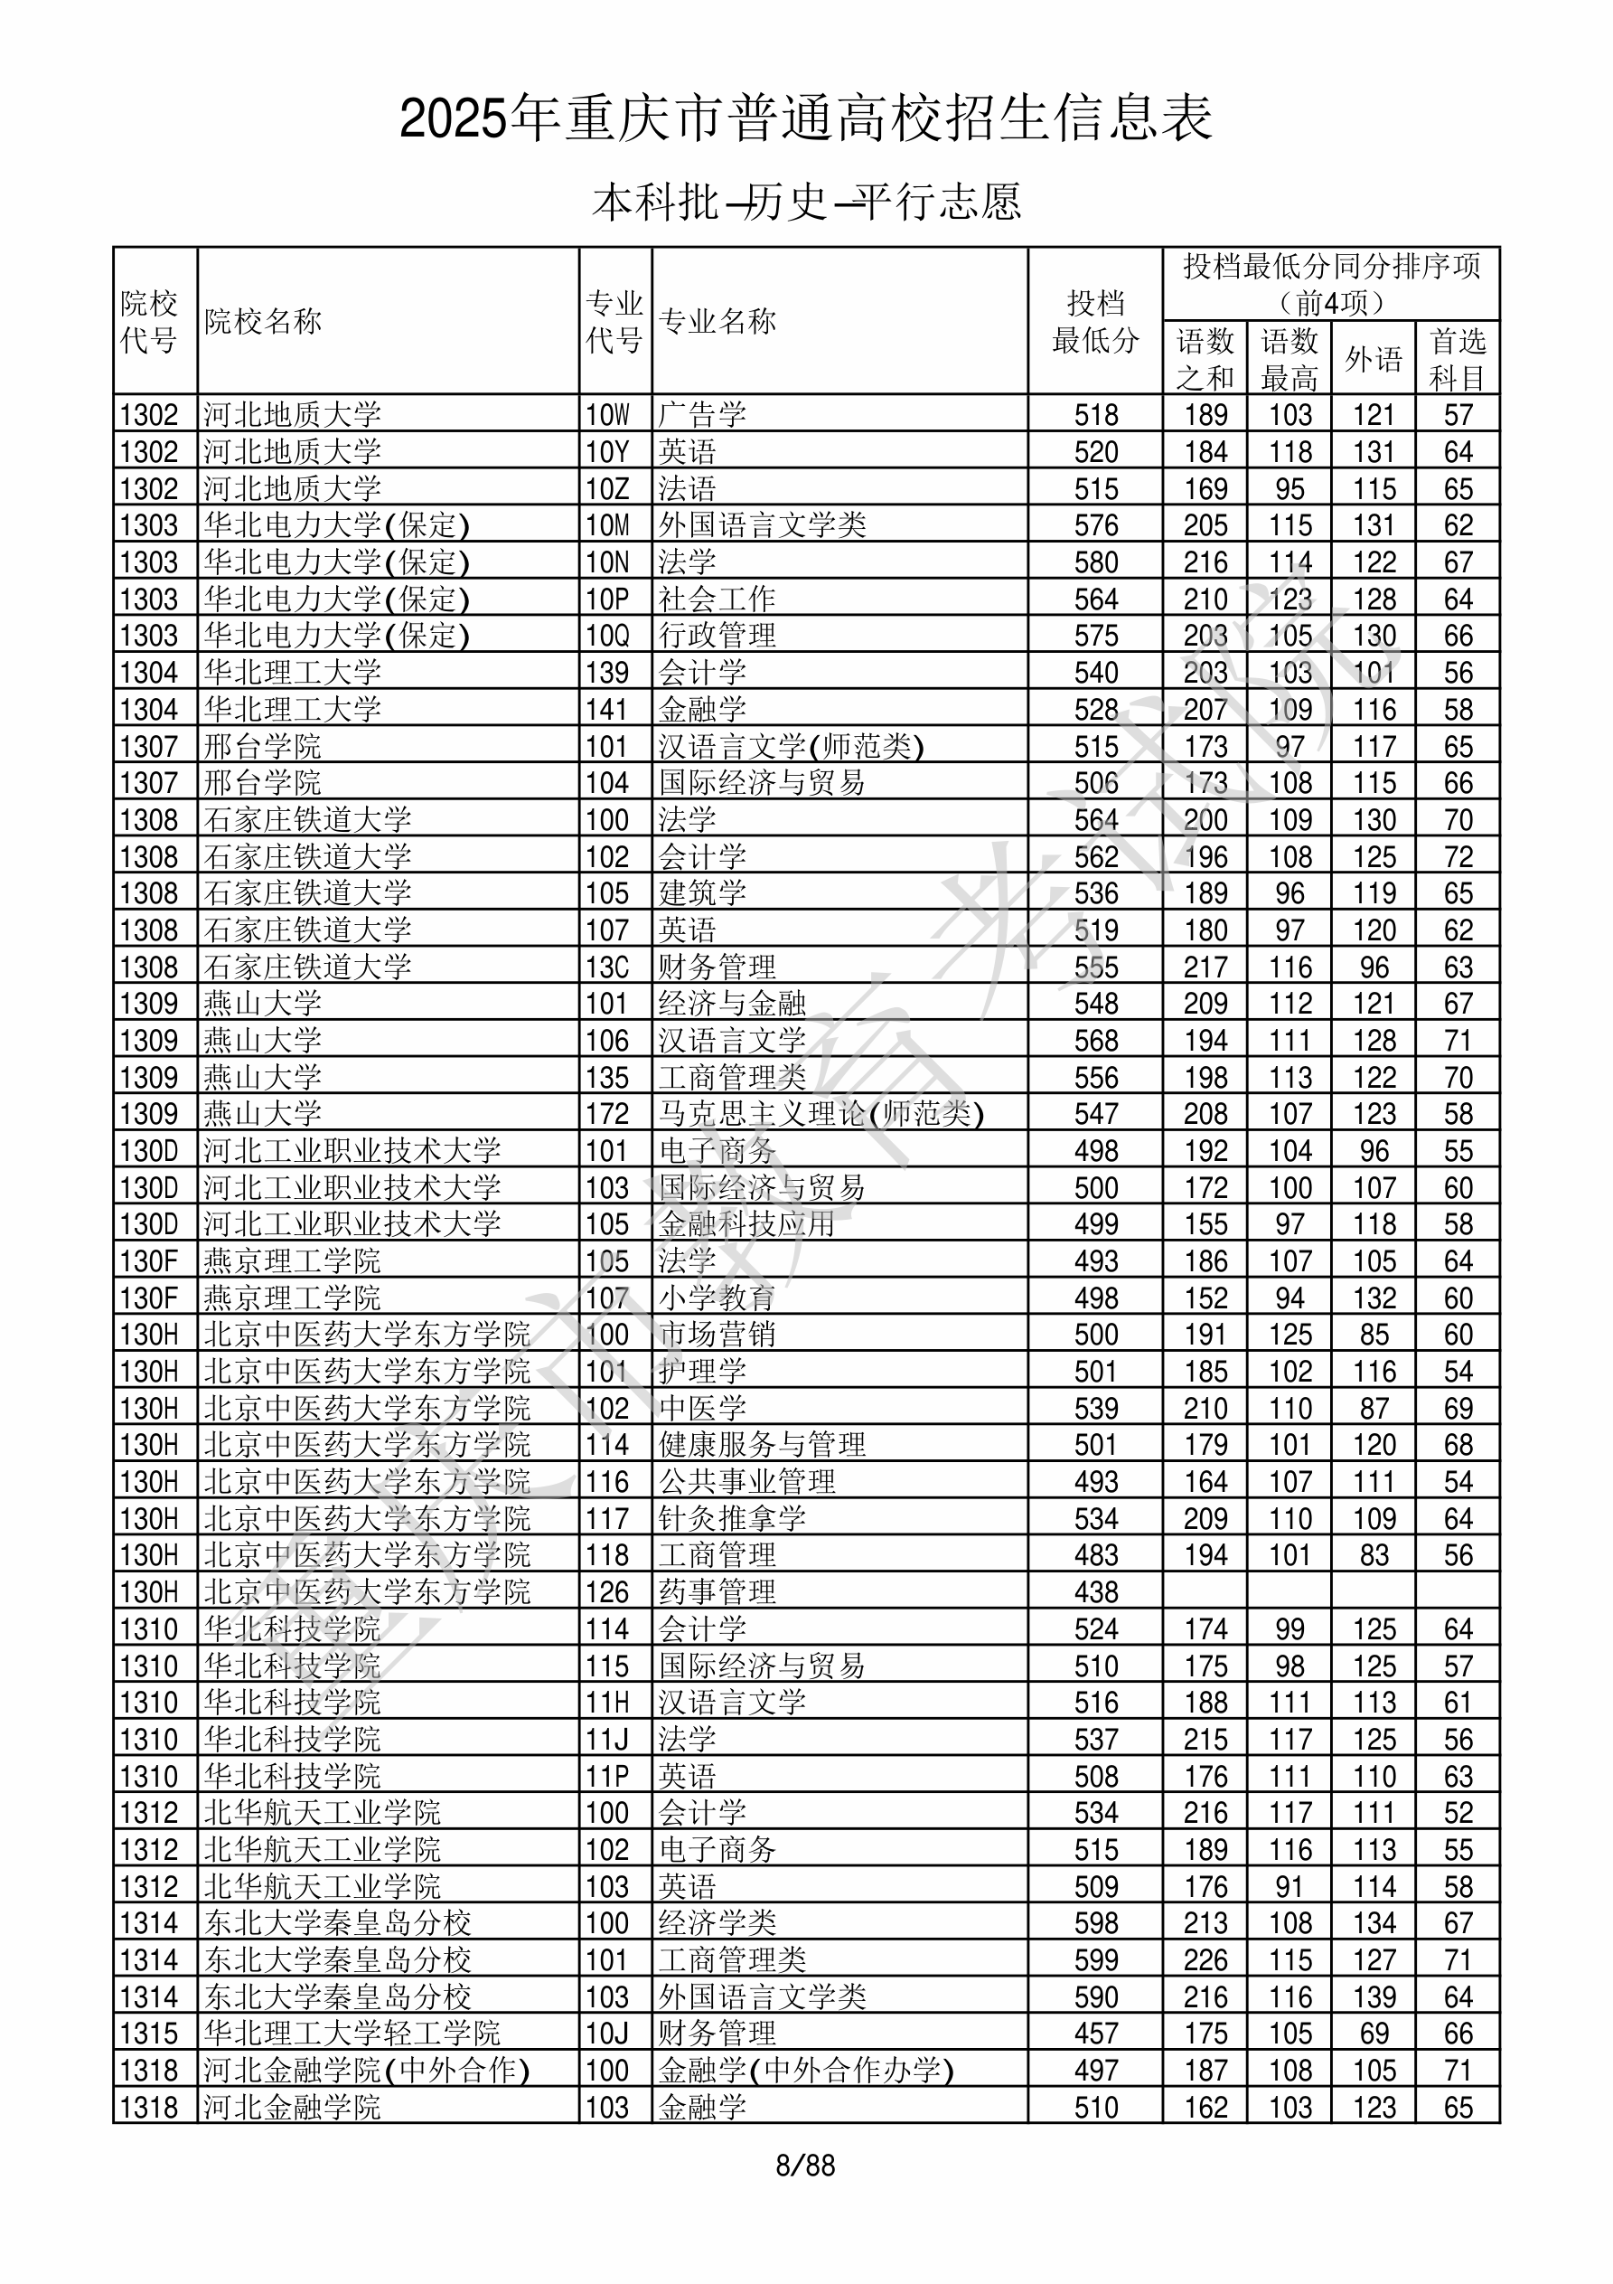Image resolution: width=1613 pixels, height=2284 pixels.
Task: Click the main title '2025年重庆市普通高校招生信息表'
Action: coord(805,119)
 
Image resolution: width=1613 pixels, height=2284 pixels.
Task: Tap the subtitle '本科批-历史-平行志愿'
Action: coord(805,202)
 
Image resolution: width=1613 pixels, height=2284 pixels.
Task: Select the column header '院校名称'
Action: coord(264,321)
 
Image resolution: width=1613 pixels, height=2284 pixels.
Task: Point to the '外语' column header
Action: coord(1374,359)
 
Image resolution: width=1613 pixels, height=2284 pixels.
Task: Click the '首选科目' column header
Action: coord(1457,359)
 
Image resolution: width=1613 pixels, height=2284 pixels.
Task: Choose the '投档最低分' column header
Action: coord(1095,321)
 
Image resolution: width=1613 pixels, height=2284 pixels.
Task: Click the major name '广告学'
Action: coord(702,415)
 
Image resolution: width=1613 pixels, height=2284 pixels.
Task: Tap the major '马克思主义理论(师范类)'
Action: coord(821,1114)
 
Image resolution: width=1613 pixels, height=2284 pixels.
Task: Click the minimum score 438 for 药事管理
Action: coord(1096,1592)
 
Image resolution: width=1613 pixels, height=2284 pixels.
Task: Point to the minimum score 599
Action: coord(1096,1960)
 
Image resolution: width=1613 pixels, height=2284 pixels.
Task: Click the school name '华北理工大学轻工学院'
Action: coord(352,2034)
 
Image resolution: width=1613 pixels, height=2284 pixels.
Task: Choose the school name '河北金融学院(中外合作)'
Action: coord(366,2072)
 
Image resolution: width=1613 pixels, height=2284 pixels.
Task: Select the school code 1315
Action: coord(149,2034)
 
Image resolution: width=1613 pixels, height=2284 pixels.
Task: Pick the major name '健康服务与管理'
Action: coord(762,1446)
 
